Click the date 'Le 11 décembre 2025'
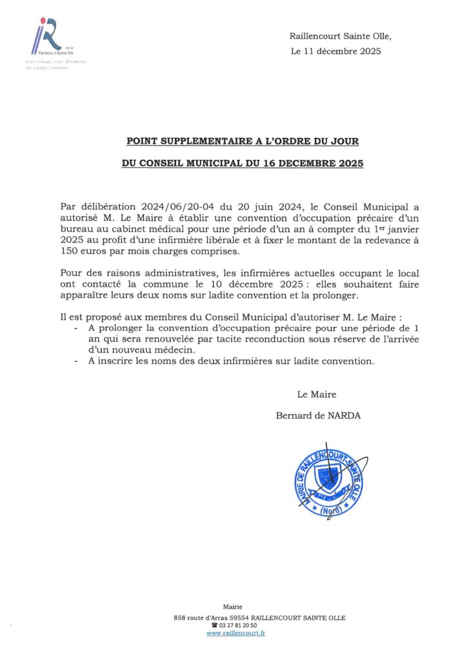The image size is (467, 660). tap(335, 52)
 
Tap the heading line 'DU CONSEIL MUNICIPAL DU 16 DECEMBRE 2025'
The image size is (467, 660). tap(243, 164)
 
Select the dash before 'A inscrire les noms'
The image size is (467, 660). tap(77, 362)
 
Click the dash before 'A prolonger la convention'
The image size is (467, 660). tap(77, 328)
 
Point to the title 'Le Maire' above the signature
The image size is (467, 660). tap(316, 394)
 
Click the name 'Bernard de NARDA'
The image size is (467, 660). tap(319, 416)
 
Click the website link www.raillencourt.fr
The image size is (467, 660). tap(236, 634)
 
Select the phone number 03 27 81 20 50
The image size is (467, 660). tap(237, 626)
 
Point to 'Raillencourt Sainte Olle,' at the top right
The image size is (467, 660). tap(340, 36)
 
